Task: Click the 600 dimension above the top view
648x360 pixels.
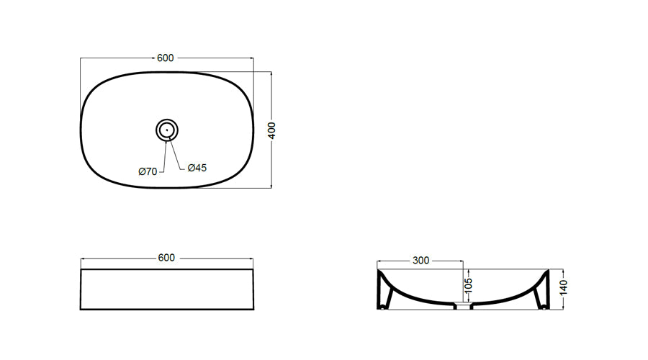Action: click(166, 58)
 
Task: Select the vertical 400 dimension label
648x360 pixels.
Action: click(271, 130)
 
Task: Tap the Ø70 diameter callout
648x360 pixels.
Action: click(148, 171)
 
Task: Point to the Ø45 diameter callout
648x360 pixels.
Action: click(197, 168)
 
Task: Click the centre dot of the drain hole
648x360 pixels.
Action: click(167, 130)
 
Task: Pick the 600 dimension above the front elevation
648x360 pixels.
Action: click(166, 258)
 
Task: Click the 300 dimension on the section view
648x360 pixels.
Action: click(420, 261)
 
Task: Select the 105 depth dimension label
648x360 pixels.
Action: click(468, 285)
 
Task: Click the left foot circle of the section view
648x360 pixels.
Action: click(384, 307)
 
